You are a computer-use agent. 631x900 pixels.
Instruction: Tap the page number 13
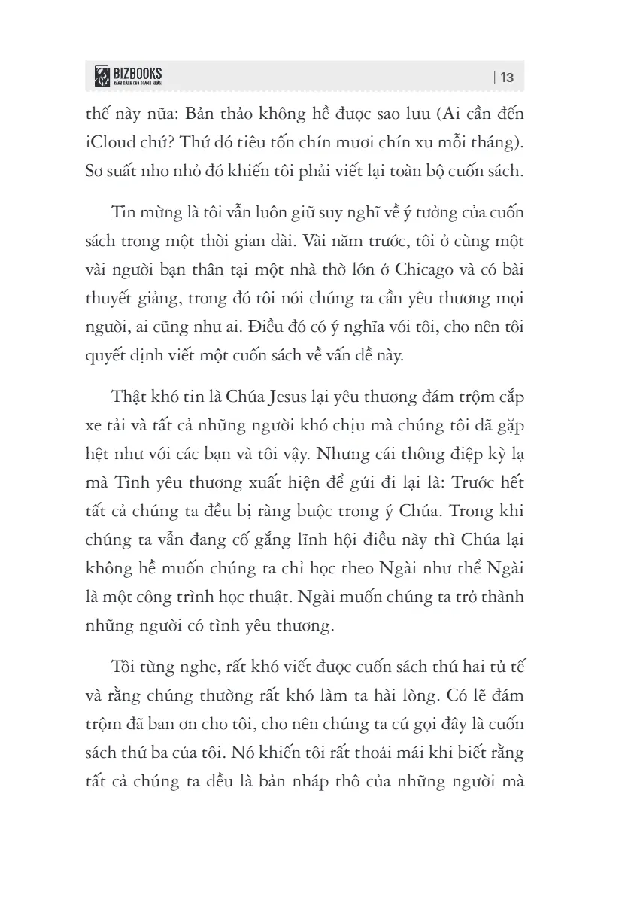point(506,77)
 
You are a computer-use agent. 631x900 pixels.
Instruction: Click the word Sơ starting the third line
point(96,170)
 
